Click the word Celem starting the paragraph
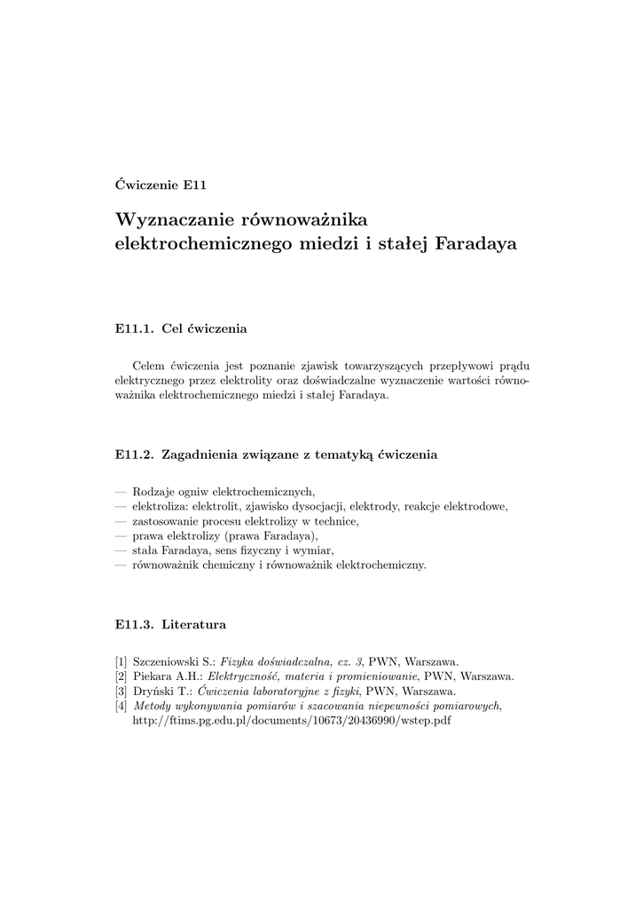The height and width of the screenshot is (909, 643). click(x=149, y=364)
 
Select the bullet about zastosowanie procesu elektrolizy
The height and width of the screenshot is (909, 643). click(x=245, y=521)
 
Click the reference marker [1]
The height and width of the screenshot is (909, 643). click(x=122, y=661)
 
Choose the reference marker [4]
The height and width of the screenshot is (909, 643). click(x=122, y=706)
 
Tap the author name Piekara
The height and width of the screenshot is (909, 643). click(x=153, y=676)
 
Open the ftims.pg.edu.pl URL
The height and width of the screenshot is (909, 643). click(x=291, y=721)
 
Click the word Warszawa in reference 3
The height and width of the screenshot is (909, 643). click(x=428, y=691)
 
